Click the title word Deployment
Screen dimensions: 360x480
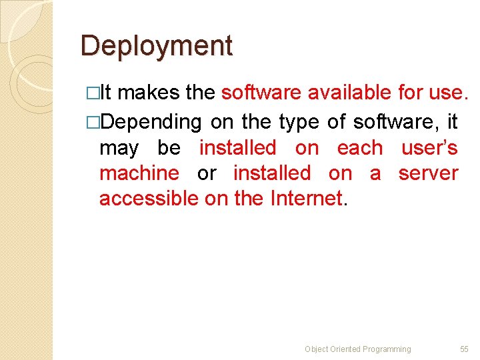coord(157,46)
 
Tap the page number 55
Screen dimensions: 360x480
coord(464,349)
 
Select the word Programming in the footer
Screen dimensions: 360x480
coord(387,349)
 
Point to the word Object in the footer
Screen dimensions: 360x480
coord(317,349)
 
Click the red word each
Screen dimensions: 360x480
coord(360,147)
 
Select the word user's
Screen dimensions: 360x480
coord(429,147)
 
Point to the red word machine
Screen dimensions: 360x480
coord(139,173)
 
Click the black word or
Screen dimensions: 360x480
coord(207,173)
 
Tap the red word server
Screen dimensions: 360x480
coord(428,173)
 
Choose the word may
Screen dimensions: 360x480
coord(119,148)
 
